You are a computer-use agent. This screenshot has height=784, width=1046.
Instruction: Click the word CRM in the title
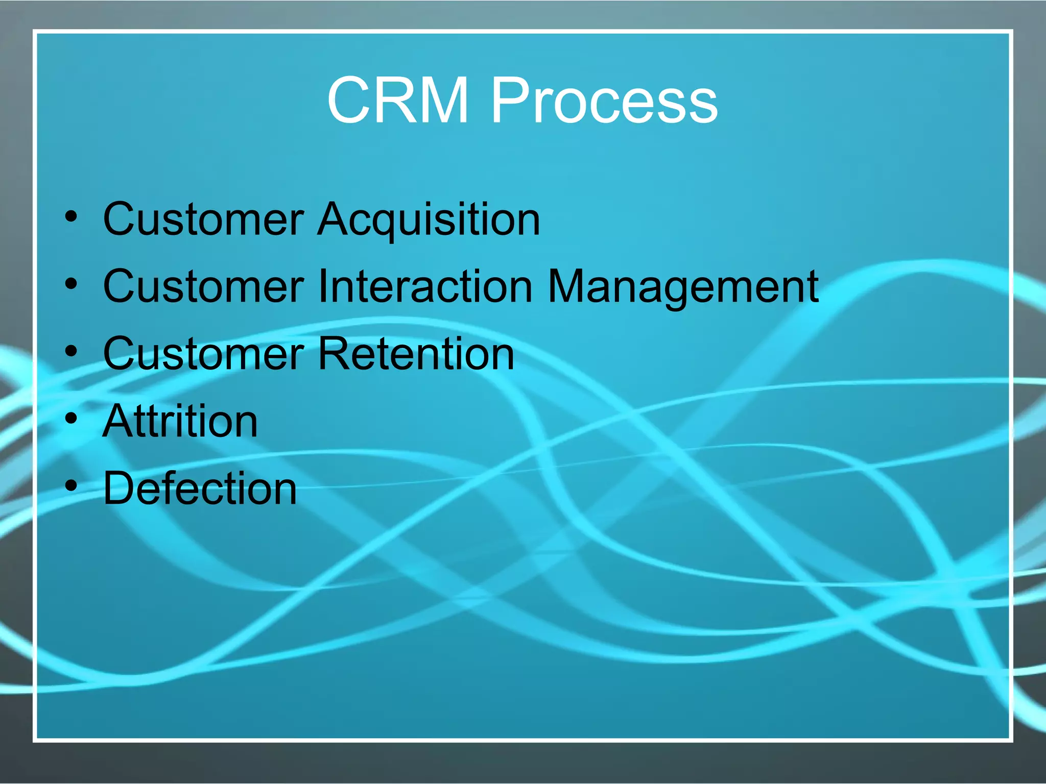[x=397, y=100]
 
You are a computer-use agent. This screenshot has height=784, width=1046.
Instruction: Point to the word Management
[x=683, y=287]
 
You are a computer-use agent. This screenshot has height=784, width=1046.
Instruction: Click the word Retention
[x=416, y=354]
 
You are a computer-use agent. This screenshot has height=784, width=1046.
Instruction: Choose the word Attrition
[x=180, y=422]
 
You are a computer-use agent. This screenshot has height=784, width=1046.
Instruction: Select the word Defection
[x=200, y=489]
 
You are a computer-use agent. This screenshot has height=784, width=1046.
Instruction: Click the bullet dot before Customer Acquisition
[x=72, y=216]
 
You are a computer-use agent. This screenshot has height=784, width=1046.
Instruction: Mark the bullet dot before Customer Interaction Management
[x=72, y=284]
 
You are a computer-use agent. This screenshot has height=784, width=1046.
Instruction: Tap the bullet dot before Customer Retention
[x=72, y=351]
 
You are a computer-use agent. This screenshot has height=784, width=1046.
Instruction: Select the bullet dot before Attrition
[x=72, y=419]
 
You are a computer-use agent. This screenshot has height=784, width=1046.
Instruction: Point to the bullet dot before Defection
[x=72, y=486]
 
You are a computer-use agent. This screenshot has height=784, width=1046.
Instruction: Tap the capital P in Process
[x=509, y=100]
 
